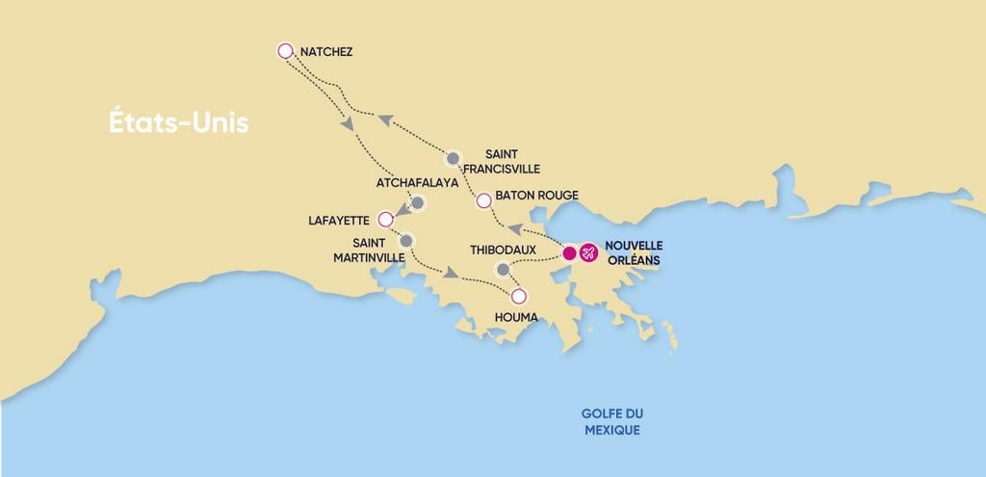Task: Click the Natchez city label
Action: point(326,51)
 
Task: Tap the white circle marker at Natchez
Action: point(285,51)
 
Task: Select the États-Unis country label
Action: point(178,123)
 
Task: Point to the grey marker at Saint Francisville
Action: point(454,157)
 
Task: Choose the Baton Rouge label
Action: point(537,196)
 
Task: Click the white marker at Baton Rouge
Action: point(484,200)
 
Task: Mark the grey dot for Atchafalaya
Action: point(418,202)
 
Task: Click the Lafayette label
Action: point(339,220)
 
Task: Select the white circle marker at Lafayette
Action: point(386,219)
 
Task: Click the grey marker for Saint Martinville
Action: point(406,240)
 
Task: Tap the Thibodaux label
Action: point(503,250)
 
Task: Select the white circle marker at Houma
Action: point(519,296)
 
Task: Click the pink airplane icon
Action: point(587,253)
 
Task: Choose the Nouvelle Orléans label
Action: point(635,252)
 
